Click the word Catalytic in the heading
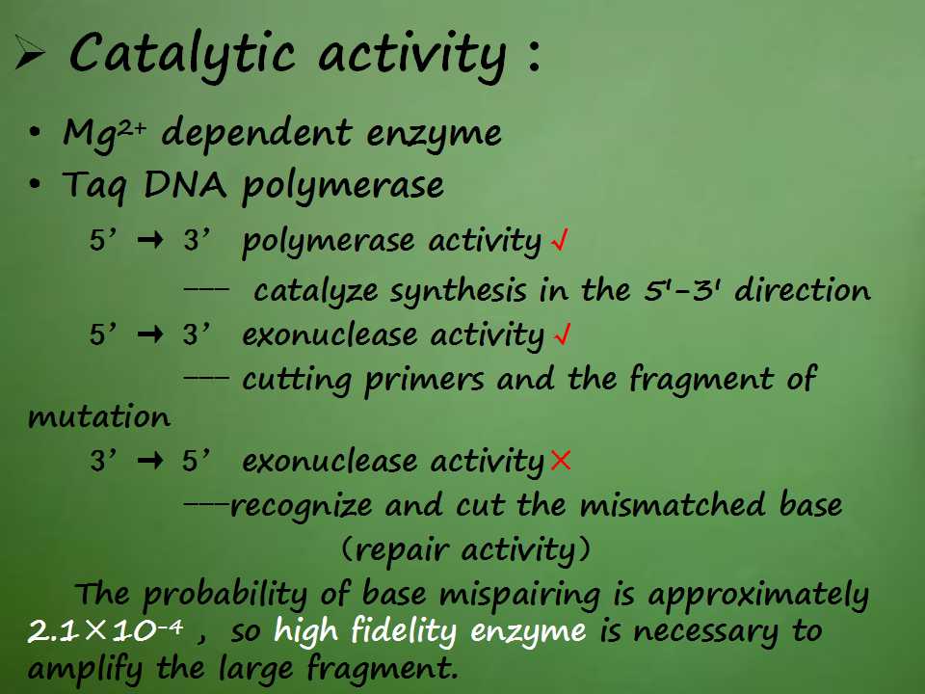point(182,55)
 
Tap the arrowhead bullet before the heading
point(30,52)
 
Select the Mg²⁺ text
point(104,133)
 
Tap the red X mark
point(560,459)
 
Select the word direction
point(803,289)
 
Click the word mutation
point(99,416)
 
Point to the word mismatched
point(673,504)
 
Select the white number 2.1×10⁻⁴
point(105,631)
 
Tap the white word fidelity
point(404,630)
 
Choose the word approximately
point(758,595)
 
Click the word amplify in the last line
point(86,669)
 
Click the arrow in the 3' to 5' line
point(150,460)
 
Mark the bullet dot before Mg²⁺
point(36,133)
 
